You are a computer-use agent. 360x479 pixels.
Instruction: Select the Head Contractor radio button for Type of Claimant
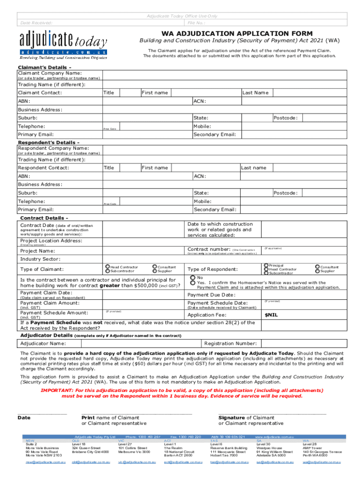click(108, 267)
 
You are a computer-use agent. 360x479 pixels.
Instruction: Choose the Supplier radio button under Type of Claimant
click(154, 271)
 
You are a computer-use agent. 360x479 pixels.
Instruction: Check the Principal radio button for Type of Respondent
click(266, 265)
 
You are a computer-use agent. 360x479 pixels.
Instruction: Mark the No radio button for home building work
click(193, 278)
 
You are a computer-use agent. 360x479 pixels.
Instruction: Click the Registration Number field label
click(230, 343)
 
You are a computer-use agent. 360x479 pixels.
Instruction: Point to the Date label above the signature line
click(24, 418)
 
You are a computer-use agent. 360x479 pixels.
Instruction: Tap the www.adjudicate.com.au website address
click(274, 436)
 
